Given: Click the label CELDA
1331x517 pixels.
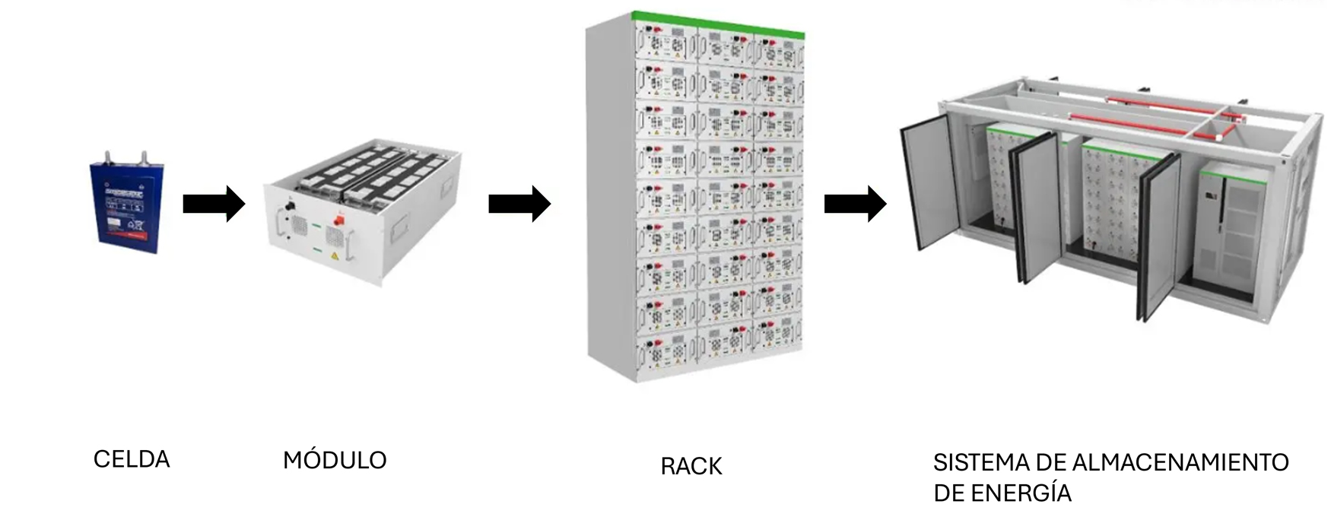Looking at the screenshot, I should click(x=132, y=459).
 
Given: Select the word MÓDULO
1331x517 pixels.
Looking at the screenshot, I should click(x=335, y=460).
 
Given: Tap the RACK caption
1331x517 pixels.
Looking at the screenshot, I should click(x=691, y=466).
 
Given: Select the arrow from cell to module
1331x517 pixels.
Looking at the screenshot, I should click(x=213, y=204).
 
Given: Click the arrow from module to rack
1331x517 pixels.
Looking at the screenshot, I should click(x=519, y=204).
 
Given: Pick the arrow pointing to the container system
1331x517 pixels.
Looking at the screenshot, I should click(x=855, y=204).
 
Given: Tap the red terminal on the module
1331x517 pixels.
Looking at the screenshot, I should click(x=338, y=220).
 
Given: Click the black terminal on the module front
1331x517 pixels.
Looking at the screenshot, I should click(x=289, y=207).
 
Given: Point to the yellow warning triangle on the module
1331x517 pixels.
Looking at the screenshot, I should click(x=335, y=257).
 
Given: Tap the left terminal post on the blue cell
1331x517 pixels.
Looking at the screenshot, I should click(x=108, y=158).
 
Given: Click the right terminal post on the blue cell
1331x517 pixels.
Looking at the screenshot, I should click(x=142, y=157).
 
